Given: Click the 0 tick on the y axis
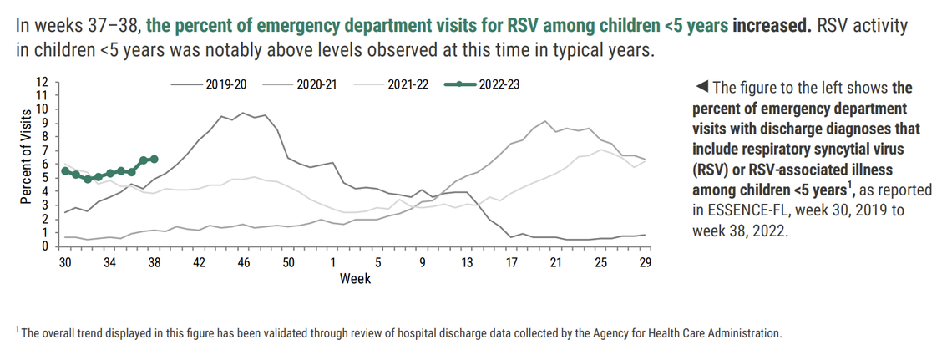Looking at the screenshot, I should click(x=45, y=246).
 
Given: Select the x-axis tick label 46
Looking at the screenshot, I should click(x=244, y=261).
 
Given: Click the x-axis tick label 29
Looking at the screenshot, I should click(x=645, y=261).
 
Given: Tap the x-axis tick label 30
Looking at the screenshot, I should click(x=64, y=261).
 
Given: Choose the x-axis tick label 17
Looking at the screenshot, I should click(x=511, y=261).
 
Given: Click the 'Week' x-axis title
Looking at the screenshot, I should click(x=354, y=278).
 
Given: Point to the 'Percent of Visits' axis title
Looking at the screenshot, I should click(x=25, y=164).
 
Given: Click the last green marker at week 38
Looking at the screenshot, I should click(x=154, y=159).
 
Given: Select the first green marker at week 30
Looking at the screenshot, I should click(x=65, y=170).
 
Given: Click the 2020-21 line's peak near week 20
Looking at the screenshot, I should click(x=545, y=121).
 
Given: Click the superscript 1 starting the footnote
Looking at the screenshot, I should click(x=18, y=331).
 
